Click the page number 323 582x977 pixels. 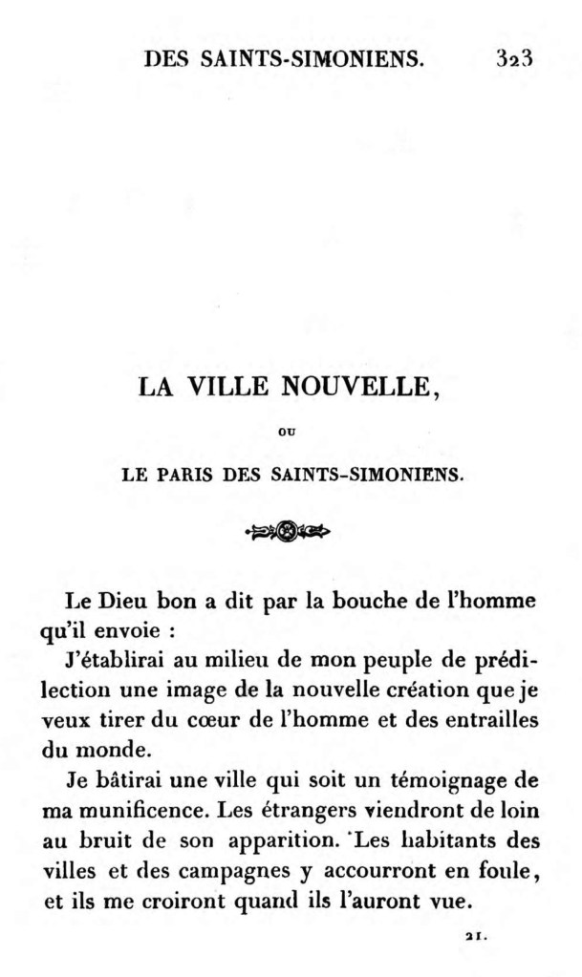513,58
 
